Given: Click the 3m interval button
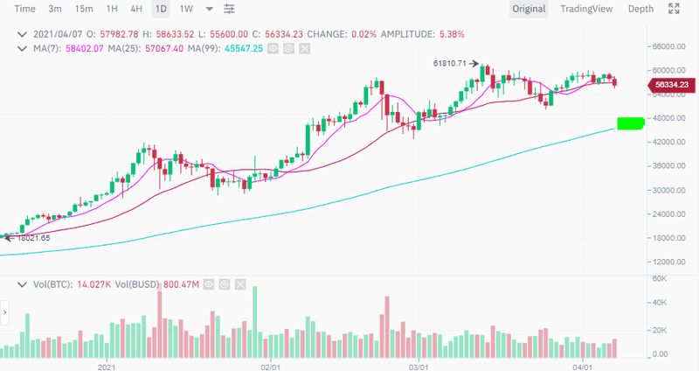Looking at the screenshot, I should pos(55,9).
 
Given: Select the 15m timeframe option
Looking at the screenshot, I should pos(84,9).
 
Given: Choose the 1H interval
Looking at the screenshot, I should pos(112,9).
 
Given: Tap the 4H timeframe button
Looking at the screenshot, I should pos(136,9).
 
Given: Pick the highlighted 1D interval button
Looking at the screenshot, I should pos(161,9).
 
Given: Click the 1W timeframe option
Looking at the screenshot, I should pos(186,9).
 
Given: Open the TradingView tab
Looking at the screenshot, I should pos(587,9).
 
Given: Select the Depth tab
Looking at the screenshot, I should pos(640,9).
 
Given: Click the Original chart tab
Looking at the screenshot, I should pos(529,9).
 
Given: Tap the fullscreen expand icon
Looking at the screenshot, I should pos(674,9).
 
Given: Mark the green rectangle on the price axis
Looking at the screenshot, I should pos(630,122).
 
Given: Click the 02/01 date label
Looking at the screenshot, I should pos(270,361).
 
